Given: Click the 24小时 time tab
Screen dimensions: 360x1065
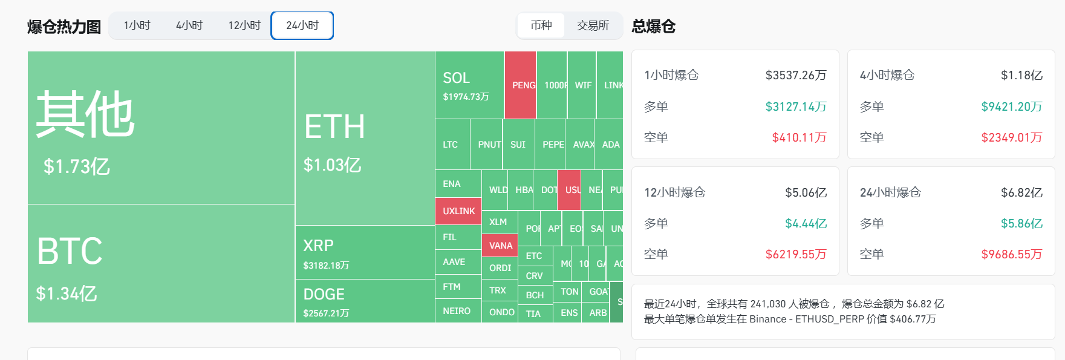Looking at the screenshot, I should coord(302,25).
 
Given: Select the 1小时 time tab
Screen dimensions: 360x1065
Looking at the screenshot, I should coord(137,25).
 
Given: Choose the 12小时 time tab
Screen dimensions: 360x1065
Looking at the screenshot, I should coord(244,25).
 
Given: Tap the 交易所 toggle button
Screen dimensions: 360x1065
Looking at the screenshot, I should coord(593,25).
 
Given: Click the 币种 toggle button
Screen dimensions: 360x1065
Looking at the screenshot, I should coord(541,25).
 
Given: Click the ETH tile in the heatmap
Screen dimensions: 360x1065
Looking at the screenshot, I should coord(365,139).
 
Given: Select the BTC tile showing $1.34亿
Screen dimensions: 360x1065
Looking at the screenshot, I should coord(161,264).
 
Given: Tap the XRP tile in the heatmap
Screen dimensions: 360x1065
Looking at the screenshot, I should coord(365,253).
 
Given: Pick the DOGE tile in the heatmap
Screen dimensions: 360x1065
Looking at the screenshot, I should coord(365,301).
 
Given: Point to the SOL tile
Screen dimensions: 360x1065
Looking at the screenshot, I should coord(469,85).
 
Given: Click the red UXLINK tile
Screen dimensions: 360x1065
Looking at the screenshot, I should coord(458,211).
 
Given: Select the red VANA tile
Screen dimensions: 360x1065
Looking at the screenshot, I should coord(500,246).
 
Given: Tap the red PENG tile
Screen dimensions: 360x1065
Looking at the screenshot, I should coord(521,85).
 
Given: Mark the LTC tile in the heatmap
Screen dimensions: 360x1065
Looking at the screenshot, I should coord(452,145).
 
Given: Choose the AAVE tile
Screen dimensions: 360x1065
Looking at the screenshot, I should coord(458,262).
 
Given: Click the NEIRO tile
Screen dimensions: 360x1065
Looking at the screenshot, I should coord(458,311).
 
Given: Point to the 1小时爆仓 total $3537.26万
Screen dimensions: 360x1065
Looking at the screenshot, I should coord(795,75).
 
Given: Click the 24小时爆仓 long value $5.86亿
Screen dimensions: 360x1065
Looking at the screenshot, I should coord(1021,223).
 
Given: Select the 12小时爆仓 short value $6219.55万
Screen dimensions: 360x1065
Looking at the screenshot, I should coord(795,254).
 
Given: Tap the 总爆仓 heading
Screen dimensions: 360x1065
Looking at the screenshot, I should coord(653,26).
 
